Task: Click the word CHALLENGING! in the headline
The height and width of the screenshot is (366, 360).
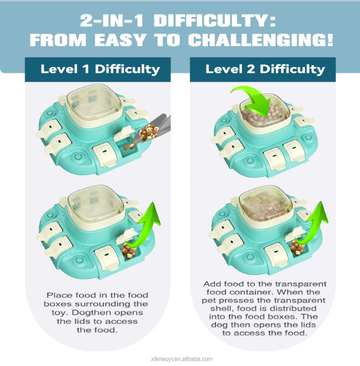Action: click(261, 40)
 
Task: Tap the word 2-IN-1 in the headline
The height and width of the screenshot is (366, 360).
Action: click(112, 21)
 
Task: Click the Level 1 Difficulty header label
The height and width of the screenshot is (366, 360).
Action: click(100, 69)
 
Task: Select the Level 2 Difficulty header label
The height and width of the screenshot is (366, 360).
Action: click(265, 69)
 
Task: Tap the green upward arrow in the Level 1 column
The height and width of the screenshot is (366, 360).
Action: click(144, 226)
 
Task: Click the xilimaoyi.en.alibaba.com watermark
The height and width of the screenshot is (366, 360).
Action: click(181, 359)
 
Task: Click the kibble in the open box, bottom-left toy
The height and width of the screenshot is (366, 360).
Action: click(129, 250)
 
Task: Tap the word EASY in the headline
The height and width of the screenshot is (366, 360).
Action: click(120, 40)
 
